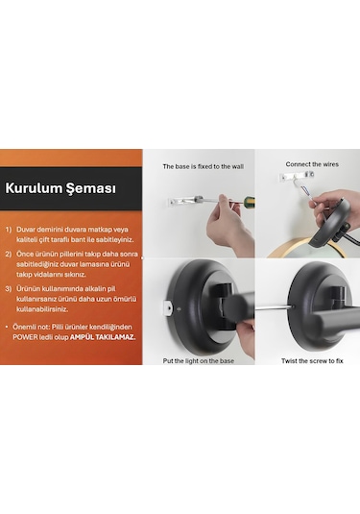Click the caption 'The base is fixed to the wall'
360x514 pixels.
(202, 166)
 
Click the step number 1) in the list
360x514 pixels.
(9, 231)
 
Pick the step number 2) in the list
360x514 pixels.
(9, 256)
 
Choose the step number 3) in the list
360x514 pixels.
(9, 287)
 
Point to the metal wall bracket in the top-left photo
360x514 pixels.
(177, 202)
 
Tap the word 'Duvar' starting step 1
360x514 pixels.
(28, 231)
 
